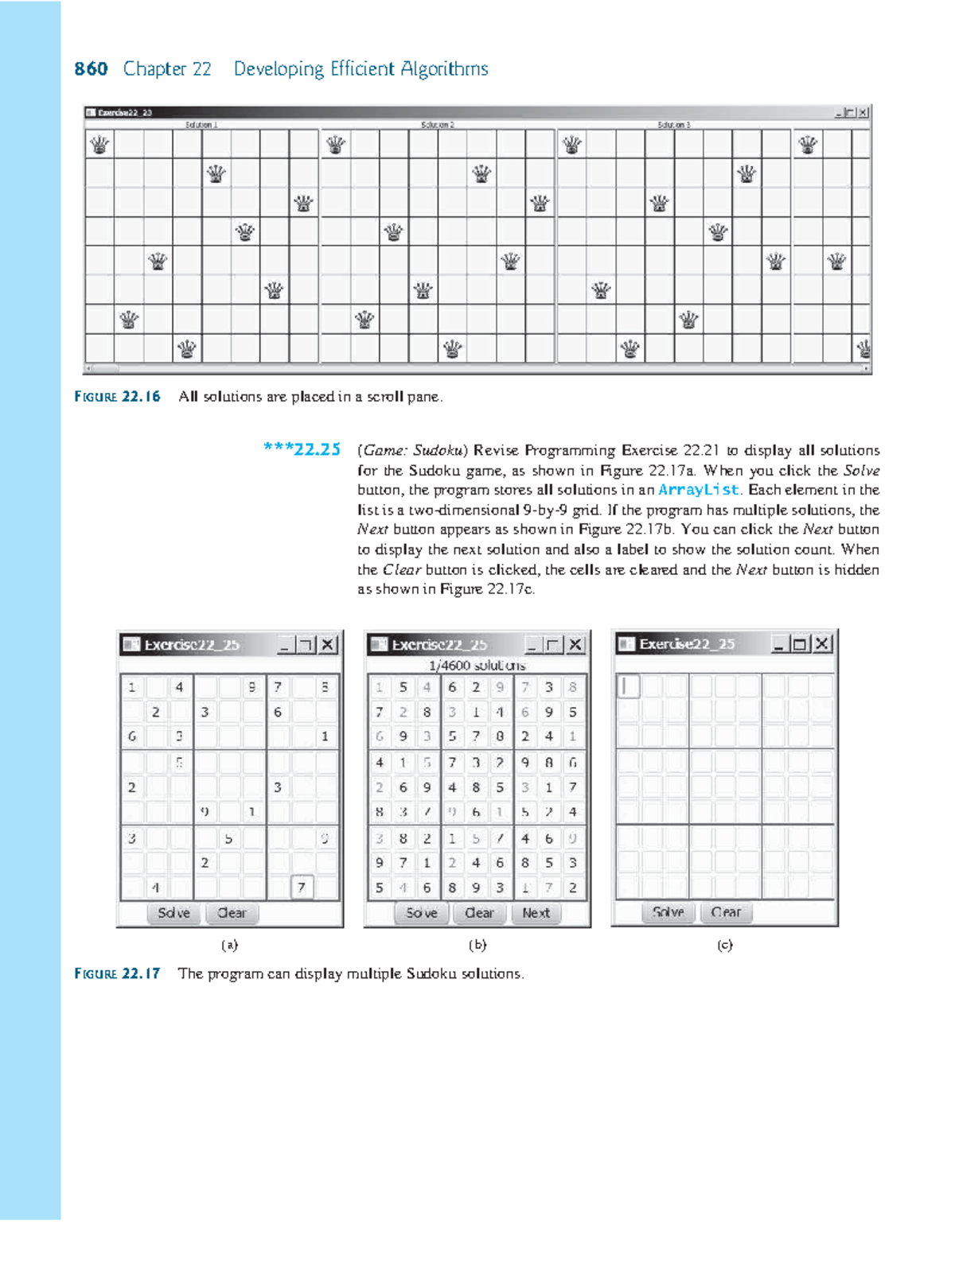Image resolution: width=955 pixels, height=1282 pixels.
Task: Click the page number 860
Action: tap(91, 69)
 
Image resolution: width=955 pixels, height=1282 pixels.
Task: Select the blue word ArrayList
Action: tap(698, 490)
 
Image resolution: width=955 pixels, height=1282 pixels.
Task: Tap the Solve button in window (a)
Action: tap(173, 913)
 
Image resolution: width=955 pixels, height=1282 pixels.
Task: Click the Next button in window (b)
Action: tap(536, 913)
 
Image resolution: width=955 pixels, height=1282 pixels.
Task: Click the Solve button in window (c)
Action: tap(668, 912)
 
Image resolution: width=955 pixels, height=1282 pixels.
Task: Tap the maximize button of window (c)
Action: tap(800, 643)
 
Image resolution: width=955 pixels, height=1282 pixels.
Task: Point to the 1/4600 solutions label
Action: tap(477, 665)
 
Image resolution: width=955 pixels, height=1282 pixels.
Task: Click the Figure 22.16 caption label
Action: tap(118, 396)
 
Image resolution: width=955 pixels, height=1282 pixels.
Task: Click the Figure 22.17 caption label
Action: tap(118, 973)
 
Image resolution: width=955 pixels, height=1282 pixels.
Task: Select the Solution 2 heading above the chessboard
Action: tap(438, 125)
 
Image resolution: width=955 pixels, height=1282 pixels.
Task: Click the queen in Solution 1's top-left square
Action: tap(99, 145)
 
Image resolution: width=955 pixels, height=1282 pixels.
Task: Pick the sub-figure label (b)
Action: tap(477, 945)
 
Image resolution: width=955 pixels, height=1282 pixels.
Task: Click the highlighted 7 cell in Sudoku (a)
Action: tap(302, 887)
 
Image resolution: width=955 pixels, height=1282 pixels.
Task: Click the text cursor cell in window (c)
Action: tap(629, 686)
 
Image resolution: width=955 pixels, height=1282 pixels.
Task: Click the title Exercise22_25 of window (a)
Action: tap(192, 644)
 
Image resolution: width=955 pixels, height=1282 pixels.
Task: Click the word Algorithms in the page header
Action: tap(444, 69)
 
